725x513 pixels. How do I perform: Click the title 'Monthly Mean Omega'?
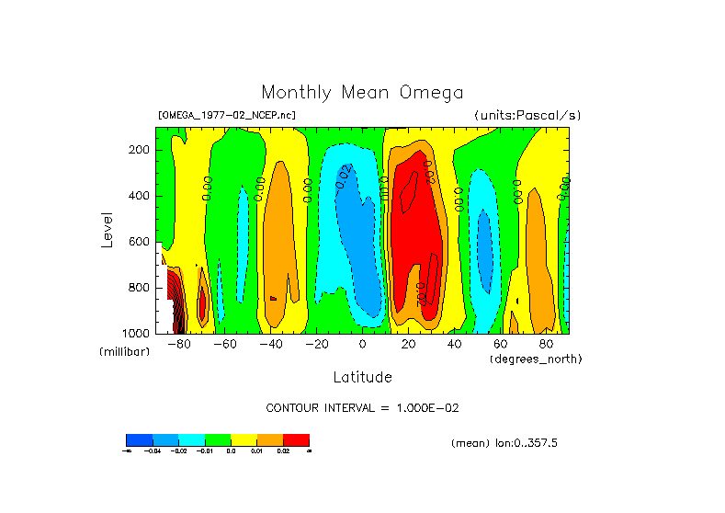(362, 93)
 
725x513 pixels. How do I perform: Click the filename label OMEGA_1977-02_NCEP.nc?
(227, 116)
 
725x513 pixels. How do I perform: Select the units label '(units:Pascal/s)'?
(527, 116)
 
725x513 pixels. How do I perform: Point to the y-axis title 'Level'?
(108, 229)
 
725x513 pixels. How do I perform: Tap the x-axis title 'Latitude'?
(362, 377)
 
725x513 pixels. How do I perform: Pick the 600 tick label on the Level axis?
(140, 242)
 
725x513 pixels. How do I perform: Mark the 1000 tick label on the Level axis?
(137, 333)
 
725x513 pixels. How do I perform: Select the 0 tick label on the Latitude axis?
(362, 345)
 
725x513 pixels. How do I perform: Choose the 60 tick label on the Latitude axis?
(500, 345)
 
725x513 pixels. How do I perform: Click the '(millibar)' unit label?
(124, 352)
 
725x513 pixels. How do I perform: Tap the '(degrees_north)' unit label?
(535, 359)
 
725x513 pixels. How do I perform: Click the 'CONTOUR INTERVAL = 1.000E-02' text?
(368, 407)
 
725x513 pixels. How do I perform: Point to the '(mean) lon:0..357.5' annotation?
(504, 443)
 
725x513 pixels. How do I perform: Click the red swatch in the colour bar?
(296, 439)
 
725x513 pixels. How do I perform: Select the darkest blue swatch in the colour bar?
(139, 439)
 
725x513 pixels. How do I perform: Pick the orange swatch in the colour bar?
(269, 439)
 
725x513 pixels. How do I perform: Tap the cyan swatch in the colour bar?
(191, 439)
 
